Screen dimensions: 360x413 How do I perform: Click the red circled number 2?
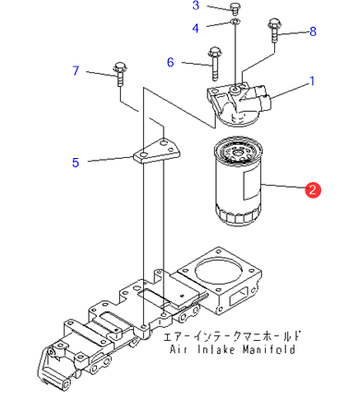click(x=313, y=189)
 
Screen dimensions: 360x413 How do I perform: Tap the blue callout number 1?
click(x=312, y=81)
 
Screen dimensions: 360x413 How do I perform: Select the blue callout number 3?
click(x=196, y=6)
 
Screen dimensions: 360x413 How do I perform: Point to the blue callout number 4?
click(x=196, y=28)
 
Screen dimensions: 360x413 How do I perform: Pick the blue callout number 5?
click(x=76, y=163)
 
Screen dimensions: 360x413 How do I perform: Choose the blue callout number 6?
click(x=171, y=62)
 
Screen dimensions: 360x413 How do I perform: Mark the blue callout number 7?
click(x=76, y=70)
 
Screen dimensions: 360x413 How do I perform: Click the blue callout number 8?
click(x=313, y=31)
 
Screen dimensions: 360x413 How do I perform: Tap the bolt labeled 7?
click(x=120, y=74)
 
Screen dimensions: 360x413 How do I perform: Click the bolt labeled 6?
click(x=214, y=64)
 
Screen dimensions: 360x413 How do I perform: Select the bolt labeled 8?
click(x=274, y=30)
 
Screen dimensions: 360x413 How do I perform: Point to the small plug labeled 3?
click(x=234, y=8)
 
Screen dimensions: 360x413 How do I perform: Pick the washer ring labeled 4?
click(x=235, y=21)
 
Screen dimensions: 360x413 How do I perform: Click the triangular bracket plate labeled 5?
click(x=156, y=151)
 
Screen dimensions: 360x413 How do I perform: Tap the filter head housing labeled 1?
click(x=239, y=104)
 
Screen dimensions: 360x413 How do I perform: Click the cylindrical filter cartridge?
click(x=237, y=182)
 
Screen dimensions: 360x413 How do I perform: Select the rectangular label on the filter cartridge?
click(x=251, y=184)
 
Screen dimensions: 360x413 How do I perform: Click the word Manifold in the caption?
click(x=269, y=349)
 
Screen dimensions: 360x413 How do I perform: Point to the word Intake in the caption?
click(x=216, y=349)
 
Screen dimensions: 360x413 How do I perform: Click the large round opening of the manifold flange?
click(x=219, y=271)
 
